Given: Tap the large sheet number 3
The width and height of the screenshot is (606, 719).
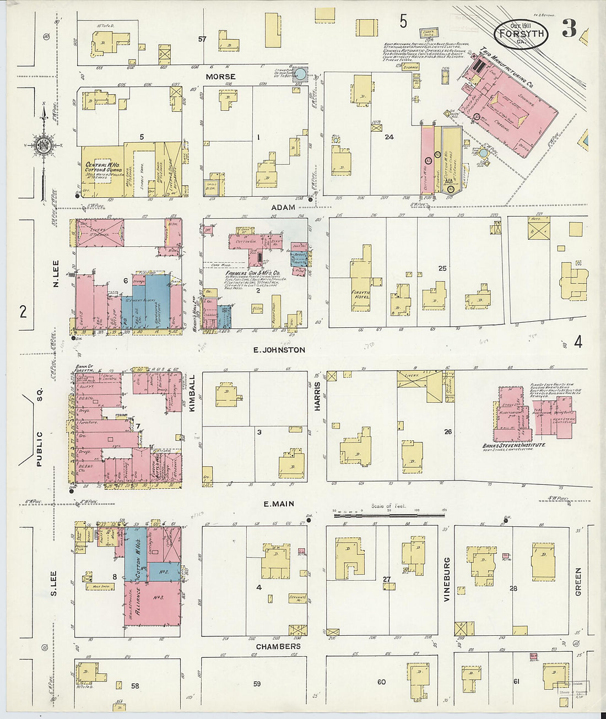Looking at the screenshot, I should click(x=569, y=28).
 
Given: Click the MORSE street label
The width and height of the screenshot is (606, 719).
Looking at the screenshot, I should click(x=220, y=77).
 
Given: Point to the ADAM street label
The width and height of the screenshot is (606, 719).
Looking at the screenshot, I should click(x=284, y=208).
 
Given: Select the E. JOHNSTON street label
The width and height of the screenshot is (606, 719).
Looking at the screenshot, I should click(x=279, y=350).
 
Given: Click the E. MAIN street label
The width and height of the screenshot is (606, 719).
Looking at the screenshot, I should click(x=278, y=504).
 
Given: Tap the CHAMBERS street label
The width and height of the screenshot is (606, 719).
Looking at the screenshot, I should click(x=278, y=646).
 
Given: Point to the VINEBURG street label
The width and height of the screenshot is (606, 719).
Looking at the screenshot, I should click(x=447, y=579).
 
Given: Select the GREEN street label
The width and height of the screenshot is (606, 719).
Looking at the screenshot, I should click(x=578, y=582).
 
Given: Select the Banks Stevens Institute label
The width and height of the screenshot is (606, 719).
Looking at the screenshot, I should click(x=514, y=445).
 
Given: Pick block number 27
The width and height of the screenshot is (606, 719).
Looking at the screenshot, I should click(x=387, y=579).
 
